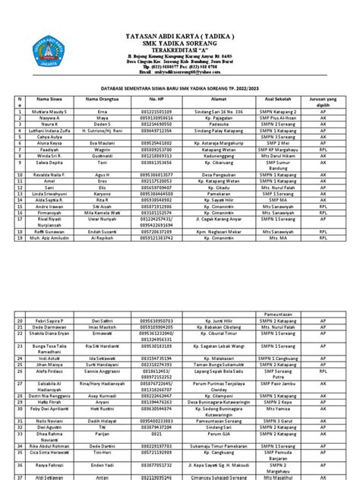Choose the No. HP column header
tap(156, 99)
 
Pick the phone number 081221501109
tap(156, 111)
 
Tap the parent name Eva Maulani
tap(102, 142)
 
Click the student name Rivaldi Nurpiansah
tap(51, 223)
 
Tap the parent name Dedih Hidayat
tap(102, 420)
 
